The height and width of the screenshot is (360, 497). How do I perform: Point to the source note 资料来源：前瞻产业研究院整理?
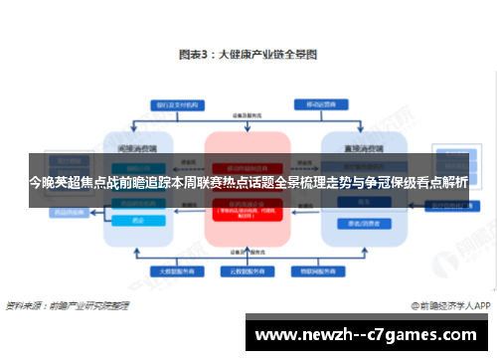[67, 305]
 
